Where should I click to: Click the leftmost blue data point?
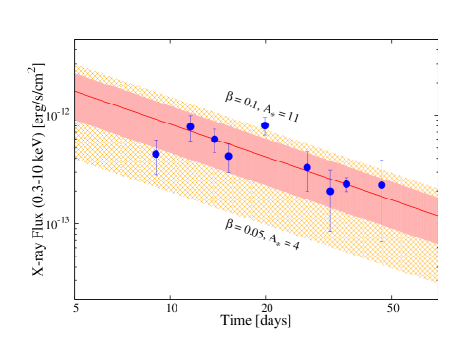click(x=157, y=154)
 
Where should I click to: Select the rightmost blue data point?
click(x=382, y=185)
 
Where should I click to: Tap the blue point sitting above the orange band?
click(x=265, y=125)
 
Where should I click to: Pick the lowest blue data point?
click(x=330, y=191)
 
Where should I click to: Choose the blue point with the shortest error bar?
click(x=346, y=184)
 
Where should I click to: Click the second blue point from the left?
click(x=190, y=126)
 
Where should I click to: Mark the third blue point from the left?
click(x=214, y=139)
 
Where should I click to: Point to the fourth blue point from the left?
click(x=228, y=156)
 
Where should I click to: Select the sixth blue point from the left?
click(x=307, y=167)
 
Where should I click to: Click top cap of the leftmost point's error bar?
click(x=157, y=141)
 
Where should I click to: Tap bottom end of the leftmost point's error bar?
click(x=157, y=176)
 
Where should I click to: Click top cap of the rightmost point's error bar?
click(x=382, y=161)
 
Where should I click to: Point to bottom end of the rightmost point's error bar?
click(x=382, y=241)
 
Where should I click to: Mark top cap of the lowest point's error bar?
click(x=330, y=171)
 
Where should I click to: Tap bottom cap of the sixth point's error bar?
click(x=307, y=191)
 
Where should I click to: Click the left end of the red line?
click(x=76, y=91)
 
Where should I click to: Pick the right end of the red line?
click(x=437, y=216)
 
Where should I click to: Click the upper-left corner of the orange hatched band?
click(x=76, y=66)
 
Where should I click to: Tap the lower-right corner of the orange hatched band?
click(x=437, y=282)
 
